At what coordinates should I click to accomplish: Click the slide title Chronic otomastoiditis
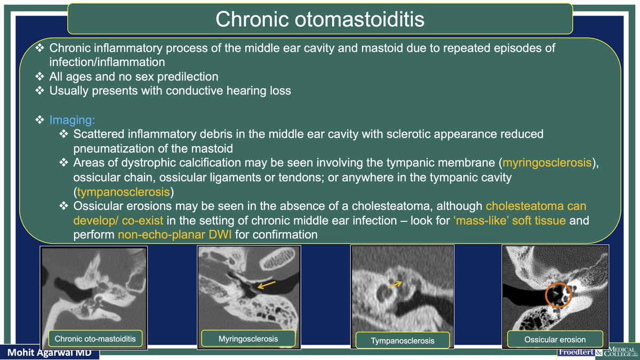pyautogui.click(x=319, y=19)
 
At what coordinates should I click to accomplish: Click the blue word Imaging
pyautogui.click(x=72, y=120)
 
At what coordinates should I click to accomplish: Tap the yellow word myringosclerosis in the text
pyautogui.click(x=547, y=163)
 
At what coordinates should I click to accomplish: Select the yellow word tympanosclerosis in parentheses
pyautogui.click(x=123, y=192)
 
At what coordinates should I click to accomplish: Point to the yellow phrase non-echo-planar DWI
pyautogui.click(x=174, y=235)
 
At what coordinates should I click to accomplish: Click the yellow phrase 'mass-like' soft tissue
pyautogui.click(x=509, y=220)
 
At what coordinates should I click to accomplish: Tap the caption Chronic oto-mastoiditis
pyautogui.click(x=95, y=339)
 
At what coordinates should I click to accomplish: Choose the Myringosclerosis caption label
pyautogui.click(x=248, y=339)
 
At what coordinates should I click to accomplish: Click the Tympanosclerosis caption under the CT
pyautogui.click(x=402, y=341)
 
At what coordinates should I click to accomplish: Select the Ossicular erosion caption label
pyautogui.click(x=555, y=339)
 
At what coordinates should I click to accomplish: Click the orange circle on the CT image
pyautogui.click(x=545, y=295)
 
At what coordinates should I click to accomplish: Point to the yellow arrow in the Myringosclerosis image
pyautogui.click(x=266, y=285)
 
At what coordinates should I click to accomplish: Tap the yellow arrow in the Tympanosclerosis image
pyautogui.click(x=395, y=285)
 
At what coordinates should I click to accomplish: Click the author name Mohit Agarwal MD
pyautogui.click(x=49, y=353)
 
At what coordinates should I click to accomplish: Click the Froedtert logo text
pyautogui.click(x=577, y=353)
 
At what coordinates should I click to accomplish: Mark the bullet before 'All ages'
pyautogui.click(x=39, y=76)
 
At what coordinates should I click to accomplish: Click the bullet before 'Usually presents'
pyautogui.click(x=39, y=91)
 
